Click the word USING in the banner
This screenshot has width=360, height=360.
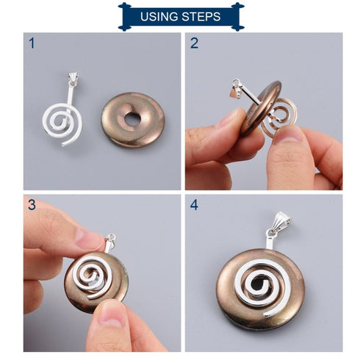click(x=159, y=16)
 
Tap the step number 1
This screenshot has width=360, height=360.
click(x=32, y=43)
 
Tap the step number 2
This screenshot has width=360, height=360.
click(x=194, y=43)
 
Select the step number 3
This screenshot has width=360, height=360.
click(x=32, y=205)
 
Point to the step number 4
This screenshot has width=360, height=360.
click(x=194, y=205)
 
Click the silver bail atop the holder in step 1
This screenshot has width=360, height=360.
click(x=74, y=79)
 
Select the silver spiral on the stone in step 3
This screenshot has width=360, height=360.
click(x=94, y=279)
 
